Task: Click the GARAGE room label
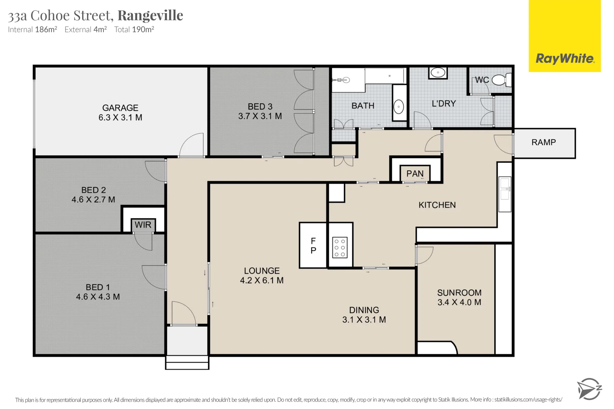120,108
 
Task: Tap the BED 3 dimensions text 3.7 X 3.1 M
260,116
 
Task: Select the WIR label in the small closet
143,225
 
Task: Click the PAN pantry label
415,174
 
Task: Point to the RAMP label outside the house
544,142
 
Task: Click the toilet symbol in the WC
501,80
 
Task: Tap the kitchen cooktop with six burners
340,248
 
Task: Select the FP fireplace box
313,245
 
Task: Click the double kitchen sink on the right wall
505,194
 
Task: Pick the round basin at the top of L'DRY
438,72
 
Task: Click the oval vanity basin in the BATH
399,107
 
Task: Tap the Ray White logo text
565,59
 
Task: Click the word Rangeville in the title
150,16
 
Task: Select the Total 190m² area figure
134,30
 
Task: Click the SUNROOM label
459,293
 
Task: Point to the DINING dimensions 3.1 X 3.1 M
364,320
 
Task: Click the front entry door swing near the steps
184,314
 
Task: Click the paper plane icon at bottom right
588,389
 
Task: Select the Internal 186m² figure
33,30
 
